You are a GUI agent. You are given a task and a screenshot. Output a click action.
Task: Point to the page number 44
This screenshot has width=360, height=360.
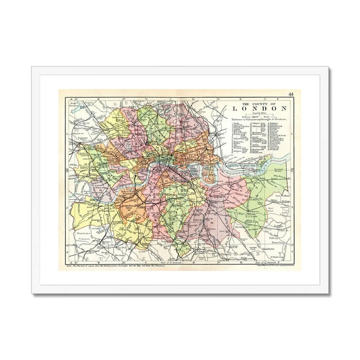tap(291, 94)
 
